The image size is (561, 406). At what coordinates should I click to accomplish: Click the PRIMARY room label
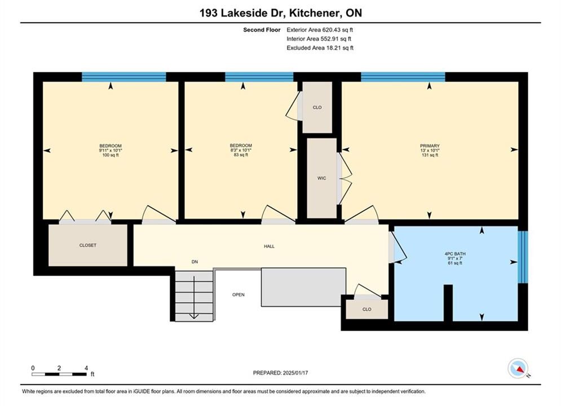pyautogui.click(x=430, y=146)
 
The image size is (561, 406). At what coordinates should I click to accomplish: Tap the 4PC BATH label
pyautogui.click(x=455, y=254)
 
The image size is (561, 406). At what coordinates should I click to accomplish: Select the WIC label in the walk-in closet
pyautogui.click(x=321, y=178)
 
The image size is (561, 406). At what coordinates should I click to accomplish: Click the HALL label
pyautogui.click(x=269, y=246)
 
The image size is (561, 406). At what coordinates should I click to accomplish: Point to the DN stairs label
pyautogui.click(x=195, y=262)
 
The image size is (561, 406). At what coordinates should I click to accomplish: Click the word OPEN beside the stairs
pyautogui.click(x=238, y=295)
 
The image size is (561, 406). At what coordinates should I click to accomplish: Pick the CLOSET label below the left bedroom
pyautogui.click(x=87, y=245)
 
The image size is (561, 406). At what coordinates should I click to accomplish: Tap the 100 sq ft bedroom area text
pyautogui.click(x=110, y=155)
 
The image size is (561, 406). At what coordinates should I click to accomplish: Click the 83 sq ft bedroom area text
pyautogui.click(x=241, y=155)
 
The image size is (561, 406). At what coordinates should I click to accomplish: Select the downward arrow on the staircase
pyautogui.click(x=194, y=297)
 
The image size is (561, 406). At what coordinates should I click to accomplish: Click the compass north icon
pyautogui.click(x=518, y=368)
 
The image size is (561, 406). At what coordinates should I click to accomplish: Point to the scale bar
pyautogui.click(x=59, y=374)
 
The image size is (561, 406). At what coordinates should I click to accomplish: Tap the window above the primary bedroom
pyautogui.click(x=403, y=77)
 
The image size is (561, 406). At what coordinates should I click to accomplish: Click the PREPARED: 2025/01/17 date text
pyautogui.click(x=281, y=373)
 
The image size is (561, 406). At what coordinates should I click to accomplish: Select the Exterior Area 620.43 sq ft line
pyautogui.click(x=320, y=30)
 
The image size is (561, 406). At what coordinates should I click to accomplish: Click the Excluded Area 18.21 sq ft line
pyautogui.click(x=320, y=48)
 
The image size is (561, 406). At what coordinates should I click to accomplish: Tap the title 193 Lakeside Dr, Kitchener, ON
pyautogui.click(x=281, y=13)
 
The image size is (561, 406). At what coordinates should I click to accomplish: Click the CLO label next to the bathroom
pyautogui.click(x=366, y=310)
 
